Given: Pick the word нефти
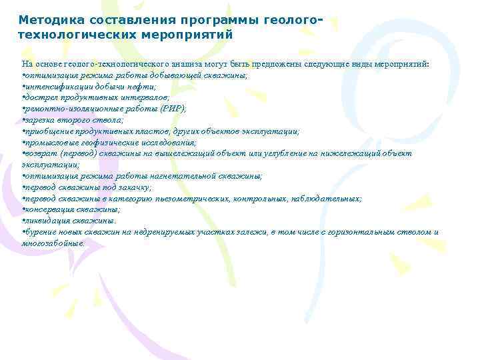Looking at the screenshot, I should click(141, 87).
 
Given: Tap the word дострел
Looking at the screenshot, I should click(40, 97).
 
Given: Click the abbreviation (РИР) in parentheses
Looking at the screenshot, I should click(173, 109).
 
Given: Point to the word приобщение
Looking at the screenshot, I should click(48, 131).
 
